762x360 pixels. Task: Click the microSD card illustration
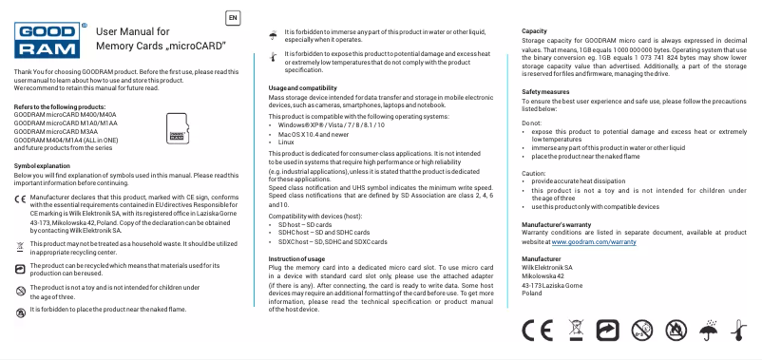click(175, 128)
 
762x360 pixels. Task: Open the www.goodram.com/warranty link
click(593, 217)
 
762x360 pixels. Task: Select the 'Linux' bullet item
click(289, 142)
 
